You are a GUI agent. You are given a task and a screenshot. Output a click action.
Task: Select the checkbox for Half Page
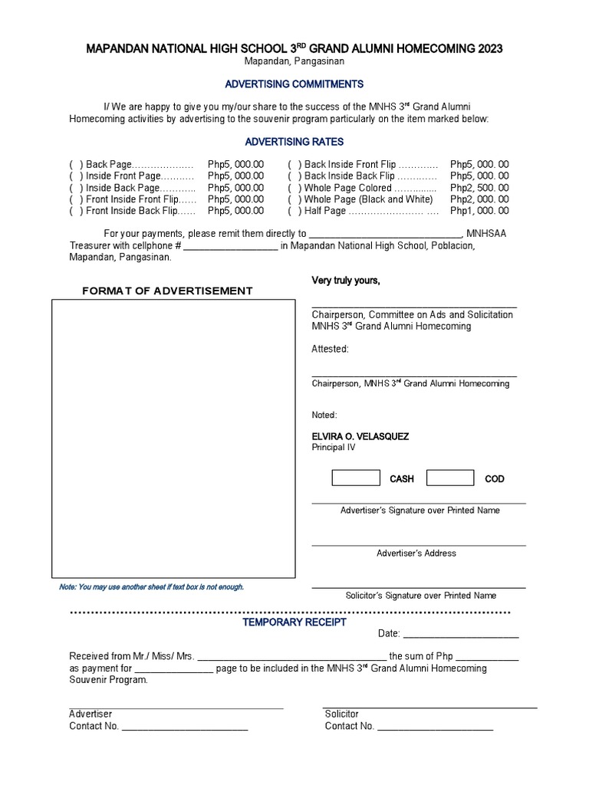pyautogui.click(x=294, y=211)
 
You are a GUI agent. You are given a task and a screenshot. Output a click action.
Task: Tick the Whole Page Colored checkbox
pyautogui.click(x=294, y=188)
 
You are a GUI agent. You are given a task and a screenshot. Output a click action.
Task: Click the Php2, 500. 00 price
pyautogui.click(x=479, y=188)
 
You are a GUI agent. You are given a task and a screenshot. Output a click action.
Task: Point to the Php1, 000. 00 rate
pyautogui.click(x=479, y=211)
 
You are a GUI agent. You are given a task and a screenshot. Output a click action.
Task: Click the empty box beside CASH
pyautogui.click(x=355, y=478)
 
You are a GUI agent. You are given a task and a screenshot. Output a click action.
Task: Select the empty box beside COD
pyautogui.click(x=450, y=478)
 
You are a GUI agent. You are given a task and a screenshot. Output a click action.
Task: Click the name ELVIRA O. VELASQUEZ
pyautogui.click(x=360, y=436)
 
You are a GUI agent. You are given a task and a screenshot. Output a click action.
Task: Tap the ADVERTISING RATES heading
pyautogui.click(x=294, y=142)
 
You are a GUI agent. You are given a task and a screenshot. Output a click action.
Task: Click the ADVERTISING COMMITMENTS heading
pyautogui.click(x=294, y=84)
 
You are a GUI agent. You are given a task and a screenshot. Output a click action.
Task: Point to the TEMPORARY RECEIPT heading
pyautogui.click(x=294, y=622)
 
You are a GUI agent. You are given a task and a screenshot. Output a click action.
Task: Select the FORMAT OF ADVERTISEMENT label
pyautogui.click(x=167, y=291)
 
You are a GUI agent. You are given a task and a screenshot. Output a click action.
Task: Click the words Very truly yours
pyautogui.click(x=345, y=281)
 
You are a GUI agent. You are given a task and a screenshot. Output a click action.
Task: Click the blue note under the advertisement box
pyautogui.click(x=151, y=586)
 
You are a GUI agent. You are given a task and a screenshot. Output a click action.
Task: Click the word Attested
pyautogui.click(x=330, y=349)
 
